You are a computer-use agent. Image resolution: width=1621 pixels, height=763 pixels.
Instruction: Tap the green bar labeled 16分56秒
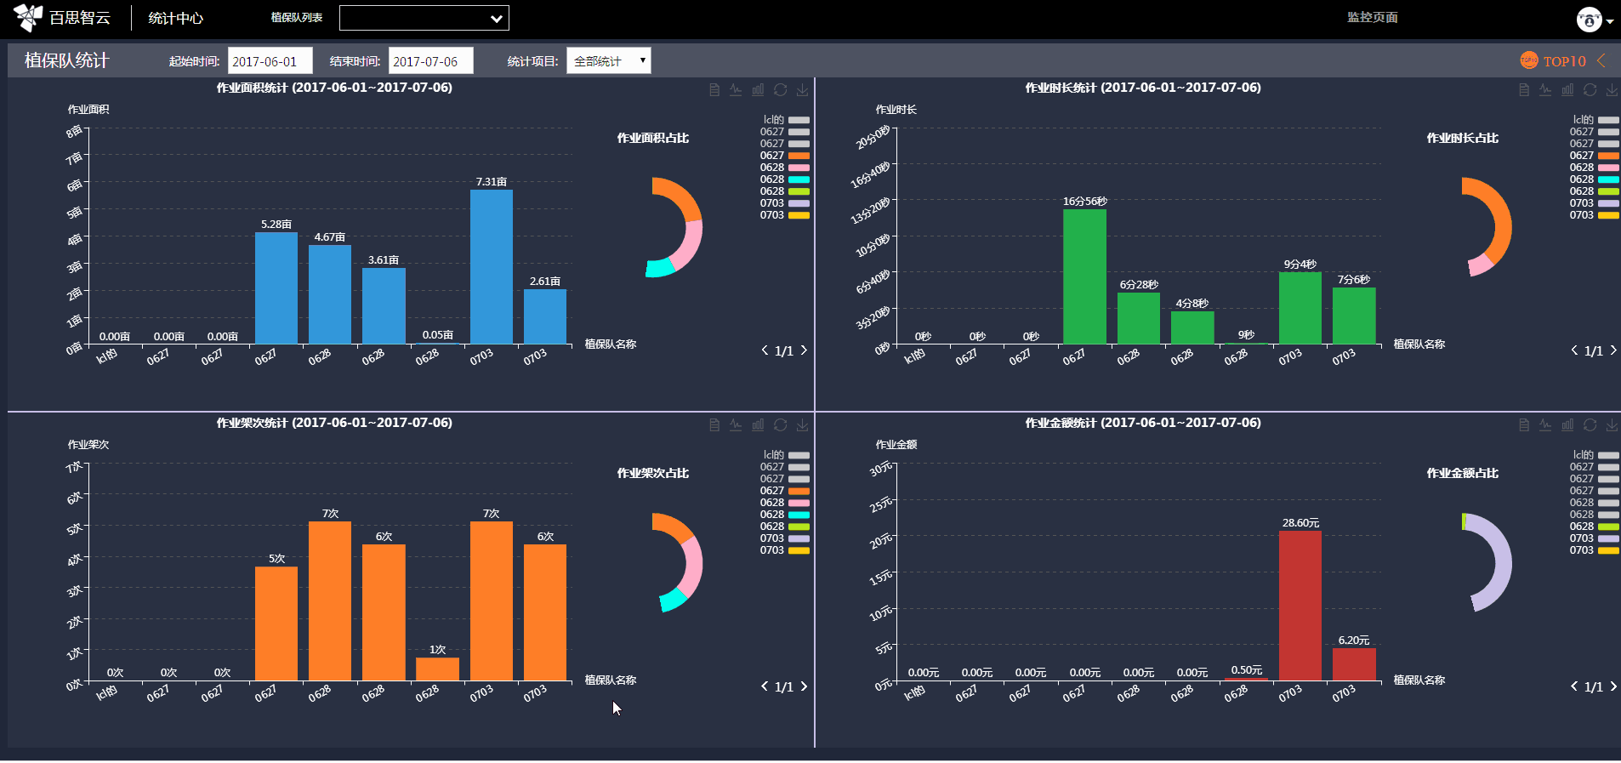click(1084, 276)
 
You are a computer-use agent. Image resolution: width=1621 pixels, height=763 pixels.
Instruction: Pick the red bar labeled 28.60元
click(1300, 605)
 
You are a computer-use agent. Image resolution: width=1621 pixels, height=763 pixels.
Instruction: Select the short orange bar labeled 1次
click(437, 669)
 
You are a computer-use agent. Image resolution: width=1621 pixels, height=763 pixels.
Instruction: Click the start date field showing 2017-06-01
click(270, 61)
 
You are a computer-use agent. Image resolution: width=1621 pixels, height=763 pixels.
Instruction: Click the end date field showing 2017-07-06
click(430, 61)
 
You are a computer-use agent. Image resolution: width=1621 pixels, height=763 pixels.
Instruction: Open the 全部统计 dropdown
click(608, 61)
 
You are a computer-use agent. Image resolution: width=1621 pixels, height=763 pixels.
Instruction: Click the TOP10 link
click(1563, 61)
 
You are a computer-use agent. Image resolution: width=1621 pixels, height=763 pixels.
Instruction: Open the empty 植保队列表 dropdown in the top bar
click(424, 18)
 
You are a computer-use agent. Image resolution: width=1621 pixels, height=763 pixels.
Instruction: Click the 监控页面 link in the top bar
click(1372, 17)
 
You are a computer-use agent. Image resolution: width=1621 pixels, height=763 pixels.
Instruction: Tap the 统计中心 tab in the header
click(175, 18)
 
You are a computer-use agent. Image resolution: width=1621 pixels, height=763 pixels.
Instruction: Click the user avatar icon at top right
click(1589, 19)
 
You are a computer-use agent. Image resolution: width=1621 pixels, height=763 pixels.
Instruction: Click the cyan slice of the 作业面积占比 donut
click(660, 268)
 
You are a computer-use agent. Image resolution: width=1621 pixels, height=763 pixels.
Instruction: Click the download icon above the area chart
click(802, 90)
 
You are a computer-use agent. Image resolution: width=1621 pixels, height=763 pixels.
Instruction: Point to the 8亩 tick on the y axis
click(75, 131)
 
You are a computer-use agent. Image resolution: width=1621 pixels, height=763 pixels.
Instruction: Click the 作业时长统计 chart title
click(1142, 88)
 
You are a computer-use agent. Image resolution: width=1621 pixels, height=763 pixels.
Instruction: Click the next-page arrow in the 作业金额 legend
click(1613, 686)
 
